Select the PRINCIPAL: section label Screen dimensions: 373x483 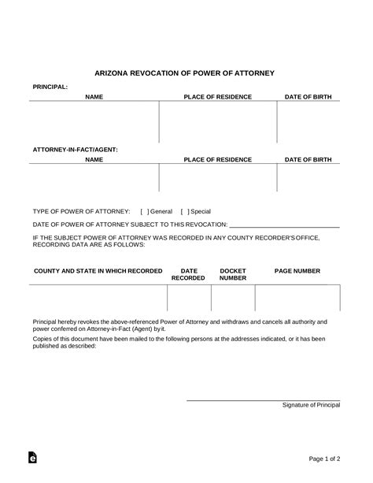50,86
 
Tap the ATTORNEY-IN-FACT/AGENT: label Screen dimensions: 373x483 76,149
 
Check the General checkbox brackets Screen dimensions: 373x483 144,211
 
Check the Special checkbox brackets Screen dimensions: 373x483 183,211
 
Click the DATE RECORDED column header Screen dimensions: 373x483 189,274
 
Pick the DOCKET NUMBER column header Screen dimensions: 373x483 233,274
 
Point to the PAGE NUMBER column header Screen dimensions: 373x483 297,270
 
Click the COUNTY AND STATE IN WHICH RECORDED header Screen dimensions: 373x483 98,270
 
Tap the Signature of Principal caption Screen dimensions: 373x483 312,405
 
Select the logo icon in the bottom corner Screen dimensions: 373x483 32,457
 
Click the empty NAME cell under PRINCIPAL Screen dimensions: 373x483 94,122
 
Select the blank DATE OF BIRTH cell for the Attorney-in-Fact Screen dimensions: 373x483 308,177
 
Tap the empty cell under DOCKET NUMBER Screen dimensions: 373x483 233,299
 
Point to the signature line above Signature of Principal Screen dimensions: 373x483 263,399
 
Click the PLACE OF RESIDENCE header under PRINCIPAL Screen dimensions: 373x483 217,97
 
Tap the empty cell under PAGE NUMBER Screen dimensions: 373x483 297,299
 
